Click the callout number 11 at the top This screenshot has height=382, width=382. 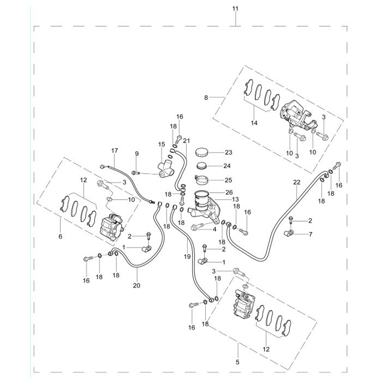point(235,9)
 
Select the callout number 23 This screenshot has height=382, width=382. point(229,152)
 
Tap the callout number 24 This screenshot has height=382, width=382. point(229,166)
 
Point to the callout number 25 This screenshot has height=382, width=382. point(229,180)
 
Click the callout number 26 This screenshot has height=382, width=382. point(229,192)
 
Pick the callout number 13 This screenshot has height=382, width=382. point(228,200)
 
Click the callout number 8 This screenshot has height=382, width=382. point(206,98)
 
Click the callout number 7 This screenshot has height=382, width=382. point(311,235)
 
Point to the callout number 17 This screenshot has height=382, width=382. point(115,150)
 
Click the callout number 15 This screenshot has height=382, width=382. point(161,145)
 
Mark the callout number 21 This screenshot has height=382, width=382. point(186,141)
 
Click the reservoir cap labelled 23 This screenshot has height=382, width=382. point(203,152)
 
